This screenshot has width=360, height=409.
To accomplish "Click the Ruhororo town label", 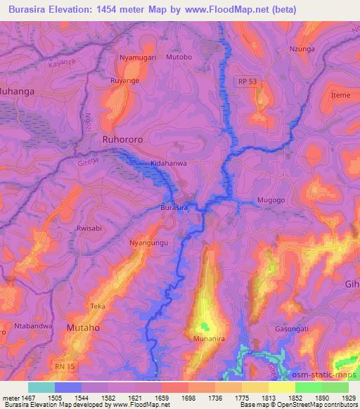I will point(122,139).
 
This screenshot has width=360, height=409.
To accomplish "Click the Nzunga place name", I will point(302,49).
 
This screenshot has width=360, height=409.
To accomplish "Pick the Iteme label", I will point(340,94).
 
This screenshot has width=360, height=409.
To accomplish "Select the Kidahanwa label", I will point(167,164).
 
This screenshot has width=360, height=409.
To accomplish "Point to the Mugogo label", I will point(271,200).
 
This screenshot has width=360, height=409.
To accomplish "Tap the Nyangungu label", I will point(148,242).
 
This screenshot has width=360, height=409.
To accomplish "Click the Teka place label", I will point(98,306).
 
